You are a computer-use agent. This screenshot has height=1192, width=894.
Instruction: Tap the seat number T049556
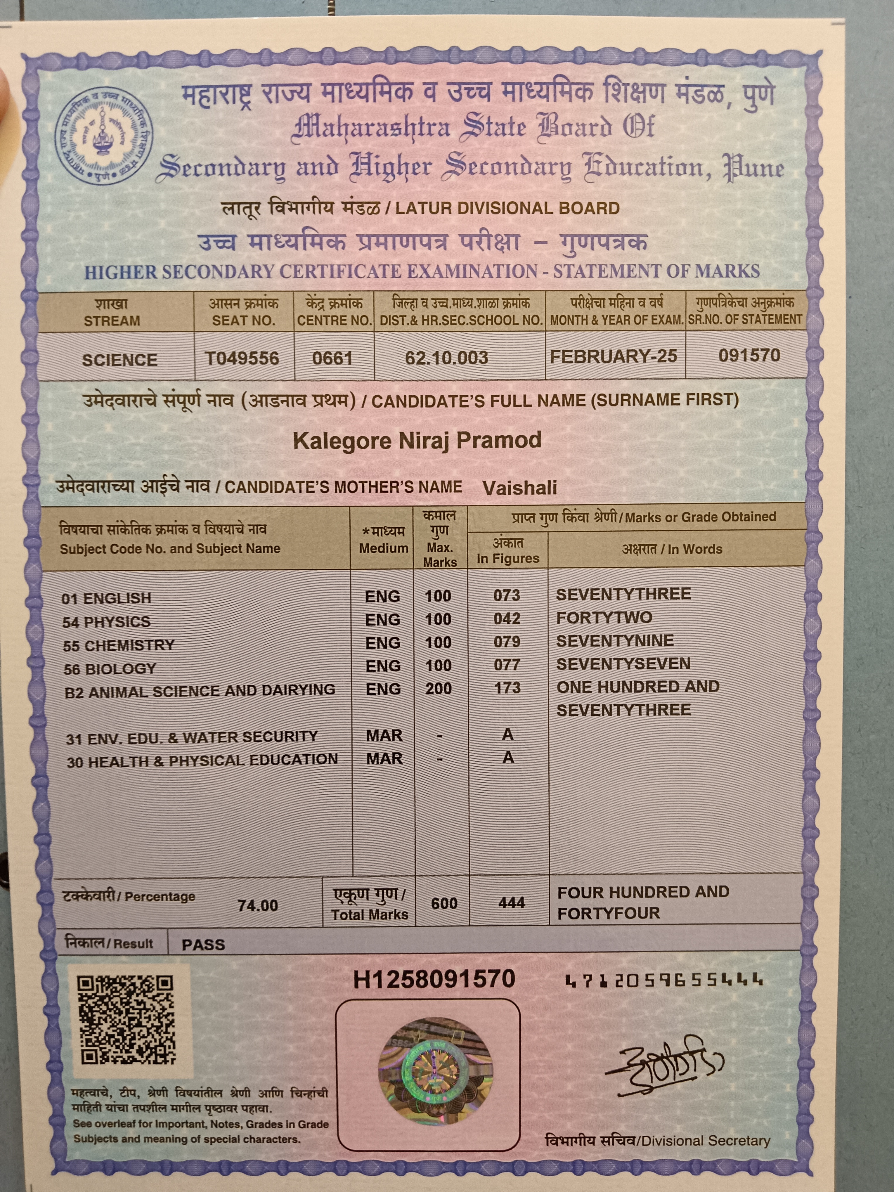[x=242, y=358]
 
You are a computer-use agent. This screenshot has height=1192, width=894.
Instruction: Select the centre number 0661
[x=332, y=358]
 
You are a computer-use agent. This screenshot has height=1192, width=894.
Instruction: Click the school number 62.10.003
[x=447, y=358]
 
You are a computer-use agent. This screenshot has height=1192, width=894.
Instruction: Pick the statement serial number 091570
[x=749, y=355]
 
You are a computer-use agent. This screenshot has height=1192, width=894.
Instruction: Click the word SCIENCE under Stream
[x=119, y=360]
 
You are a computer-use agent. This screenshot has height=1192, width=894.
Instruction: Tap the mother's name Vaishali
[x=519, y=488]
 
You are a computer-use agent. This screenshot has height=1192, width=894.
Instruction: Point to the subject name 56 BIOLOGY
[x=110, y=669]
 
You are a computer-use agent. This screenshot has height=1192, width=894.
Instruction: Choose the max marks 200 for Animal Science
[x=439, y=688]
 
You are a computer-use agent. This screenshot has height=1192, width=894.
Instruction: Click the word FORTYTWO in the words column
[x=604, y=618]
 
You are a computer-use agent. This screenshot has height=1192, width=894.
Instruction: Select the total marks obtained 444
[x=511, y=903]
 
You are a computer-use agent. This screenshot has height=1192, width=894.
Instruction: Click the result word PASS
[x=203, y=945]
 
